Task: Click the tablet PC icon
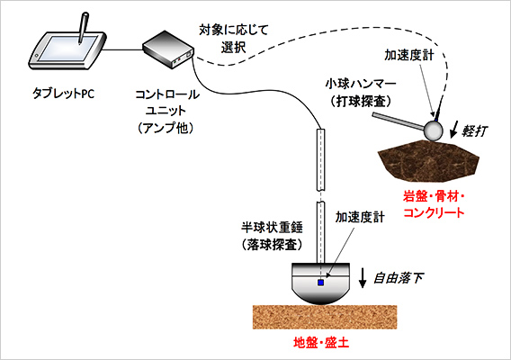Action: click(61, 51)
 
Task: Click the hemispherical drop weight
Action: click(319, 284)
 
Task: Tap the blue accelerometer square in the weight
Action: click(320, 283)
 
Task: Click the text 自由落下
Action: click(398, 278)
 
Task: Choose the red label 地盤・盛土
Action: click(321, 344)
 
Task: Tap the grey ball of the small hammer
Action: click(432, 131)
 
